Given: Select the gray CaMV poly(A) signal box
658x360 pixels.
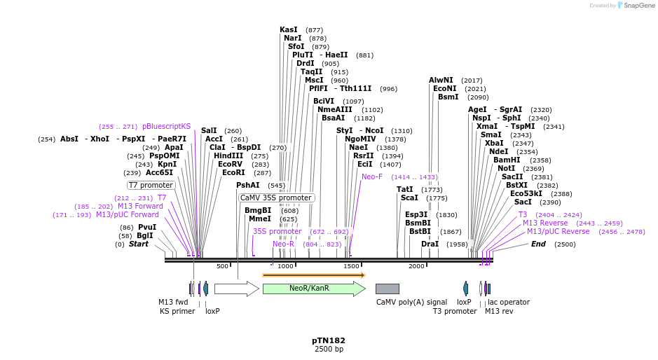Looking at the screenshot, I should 387,289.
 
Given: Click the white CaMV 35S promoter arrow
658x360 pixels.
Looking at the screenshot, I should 236,289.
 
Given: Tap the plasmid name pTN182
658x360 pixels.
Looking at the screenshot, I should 329,340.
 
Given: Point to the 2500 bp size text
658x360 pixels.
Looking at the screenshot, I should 329,349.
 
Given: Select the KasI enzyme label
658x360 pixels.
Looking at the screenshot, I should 289,30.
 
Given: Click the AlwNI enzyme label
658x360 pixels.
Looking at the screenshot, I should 441,81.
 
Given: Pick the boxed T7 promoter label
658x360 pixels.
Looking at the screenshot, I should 151,185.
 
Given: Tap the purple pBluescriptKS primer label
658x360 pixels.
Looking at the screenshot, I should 166,127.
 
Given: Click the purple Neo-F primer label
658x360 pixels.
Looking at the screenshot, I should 372,177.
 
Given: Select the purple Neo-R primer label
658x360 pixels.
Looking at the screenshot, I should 283,244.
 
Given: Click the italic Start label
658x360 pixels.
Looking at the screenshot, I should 138,244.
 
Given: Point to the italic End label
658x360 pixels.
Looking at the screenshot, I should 538,244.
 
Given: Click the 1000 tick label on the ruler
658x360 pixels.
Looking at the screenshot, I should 286,266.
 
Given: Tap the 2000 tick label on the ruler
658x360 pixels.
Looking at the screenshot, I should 416,266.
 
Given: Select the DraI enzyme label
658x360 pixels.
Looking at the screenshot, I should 430,244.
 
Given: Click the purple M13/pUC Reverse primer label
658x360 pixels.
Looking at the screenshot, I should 558,231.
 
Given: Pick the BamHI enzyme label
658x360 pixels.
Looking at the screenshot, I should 507,160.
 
